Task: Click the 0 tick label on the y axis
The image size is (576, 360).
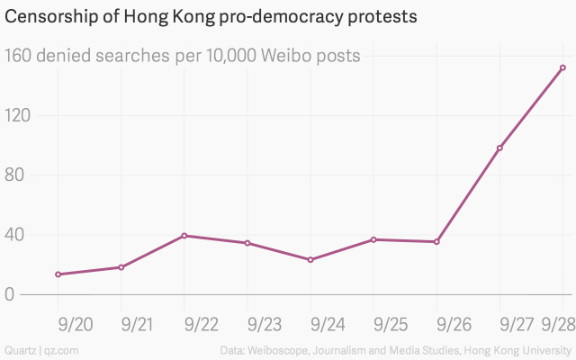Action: pyautogui.click(x=11, y=294)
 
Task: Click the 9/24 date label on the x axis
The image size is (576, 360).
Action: pyautogui.click(x=326, y=323)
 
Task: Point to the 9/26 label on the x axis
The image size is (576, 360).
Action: pyautogui.click(x=452, y=323)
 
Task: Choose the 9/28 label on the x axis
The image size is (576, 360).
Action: pyautogui.click(x=558, y=323)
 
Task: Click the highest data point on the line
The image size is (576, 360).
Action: pyautogui.click(x=562, y=67)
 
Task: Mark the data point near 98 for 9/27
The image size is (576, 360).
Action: pyautogui.click(x=499, y=148)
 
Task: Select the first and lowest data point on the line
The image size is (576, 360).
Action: pyautogui.click(x=58, y=274)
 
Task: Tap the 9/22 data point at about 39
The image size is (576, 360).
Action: pyautogui.click(x=184, y=236)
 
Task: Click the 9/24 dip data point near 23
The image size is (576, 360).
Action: pyautogui.click(x=310, y=260)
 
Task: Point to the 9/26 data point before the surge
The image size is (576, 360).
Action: pyautogui.click(x=436, y=241)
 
